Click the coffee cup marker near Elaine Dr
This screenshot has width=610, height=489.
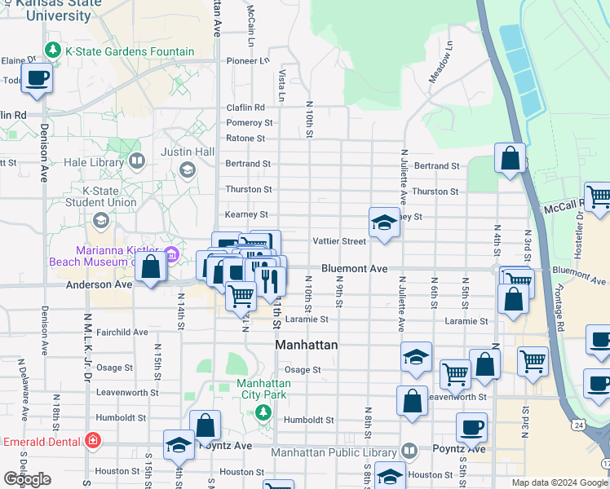(37, 79)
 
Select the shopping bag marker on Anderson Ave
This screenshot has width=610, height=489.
(150, 267)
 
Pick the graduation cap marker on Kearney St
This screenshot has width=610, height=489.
(384, 222)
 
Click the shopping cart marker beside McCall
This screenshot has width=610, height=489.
(598, 197)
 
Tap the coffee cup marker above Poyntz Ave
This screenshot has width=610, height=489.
(471, 427)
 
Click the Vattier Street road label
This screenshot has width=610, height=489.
(340, 241)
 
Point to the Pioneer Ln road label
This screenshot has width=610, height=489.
(247, 60)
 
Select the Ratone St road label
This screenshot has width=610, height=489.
(245, 139)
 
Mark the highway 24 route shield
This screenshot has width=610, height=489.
(577, 425)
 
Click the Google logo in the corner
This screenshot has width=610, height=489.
(28, 479)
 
